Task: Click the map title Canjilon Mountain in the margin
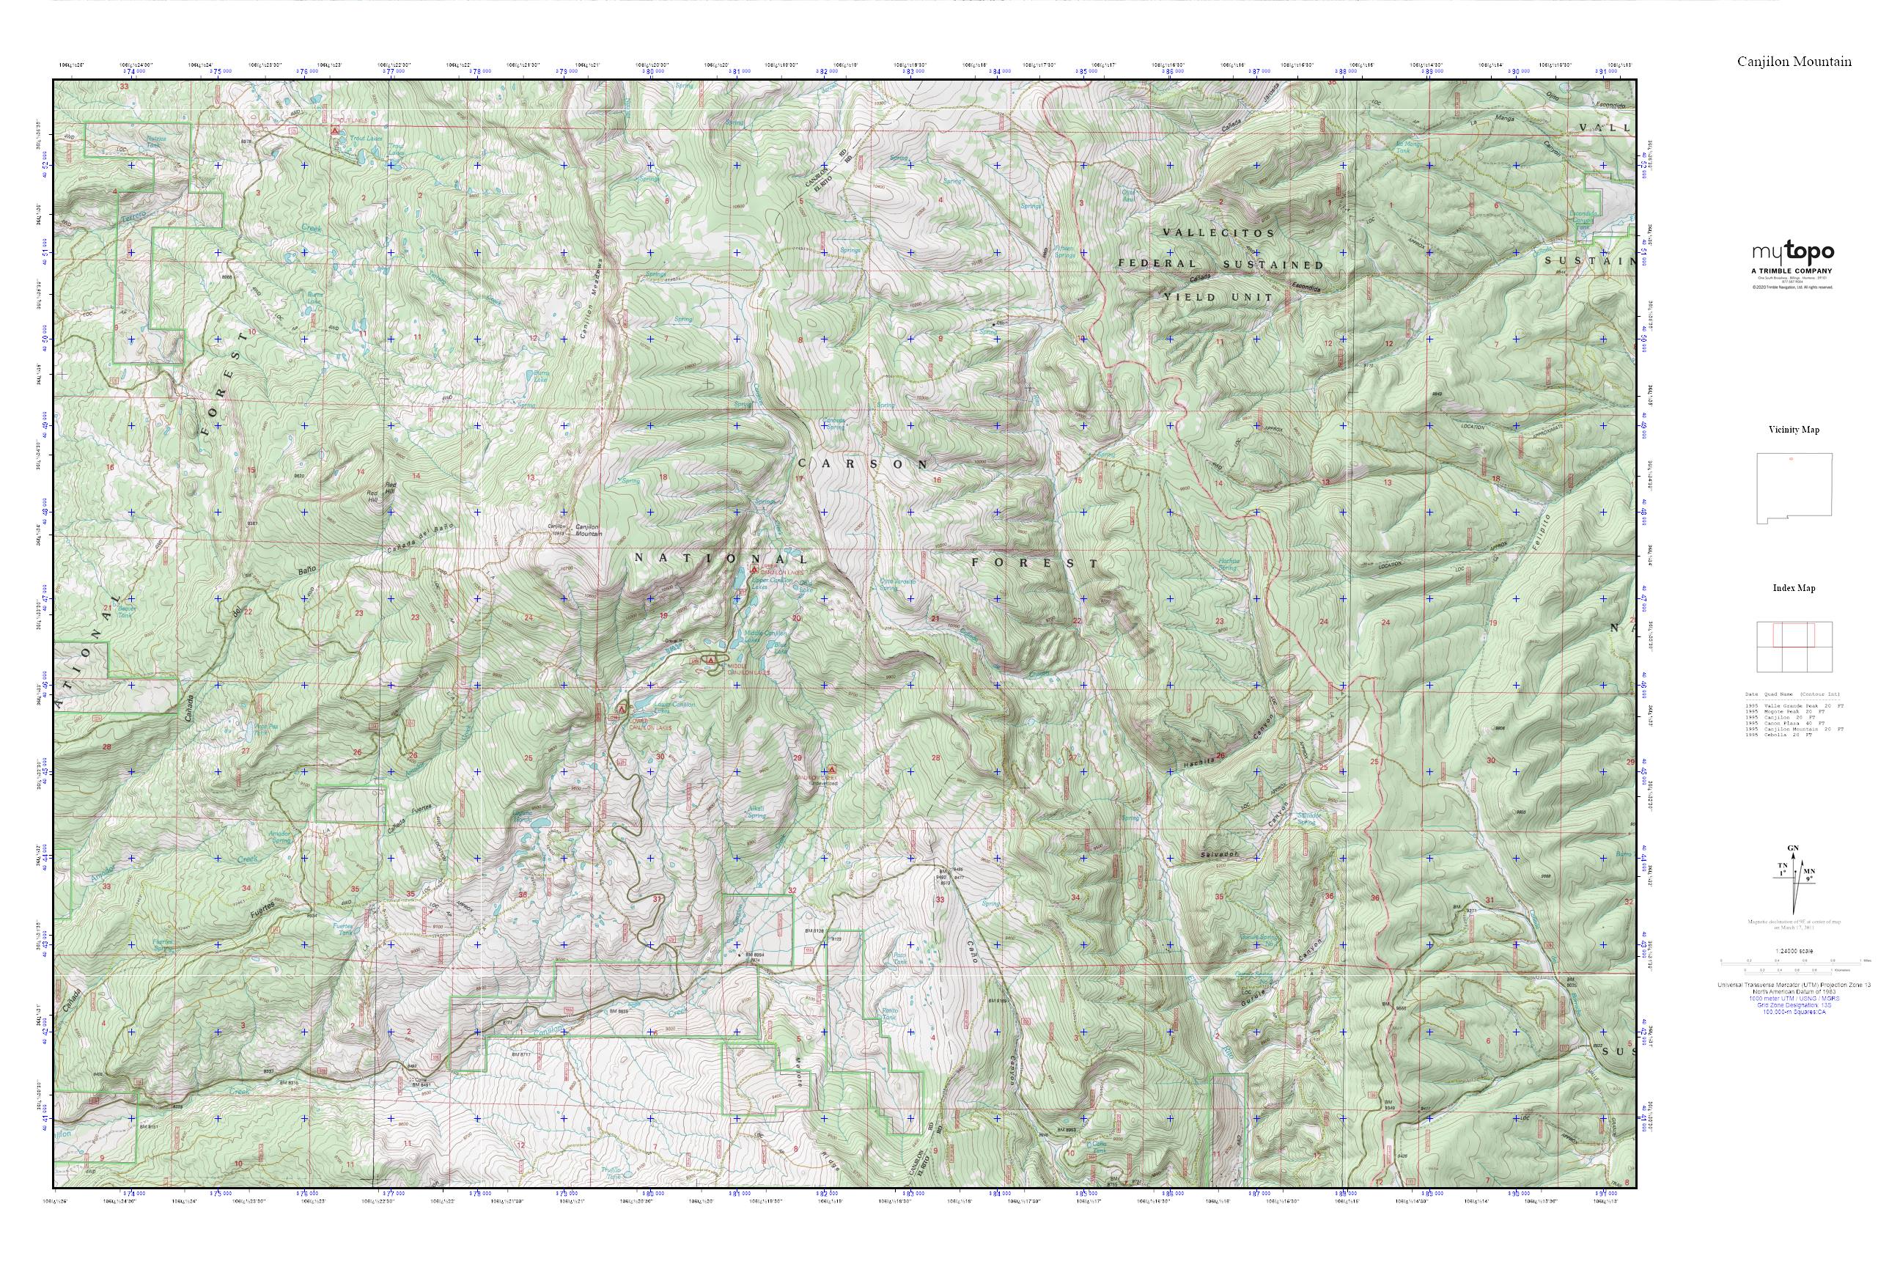pos(1794,62)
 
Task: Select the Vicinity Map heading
pos(1794,430)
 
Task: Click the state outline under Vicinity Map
pos(1794,488)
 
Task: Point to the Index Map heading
pos(1794,588)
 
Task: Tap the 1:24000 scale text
pos(1794,951)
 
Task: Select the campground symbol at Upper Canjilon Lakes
pos(754,570)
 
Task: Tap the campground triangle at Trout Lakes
pos(334,129)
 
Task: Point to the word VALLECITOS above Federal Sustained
pos(1218,232)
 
